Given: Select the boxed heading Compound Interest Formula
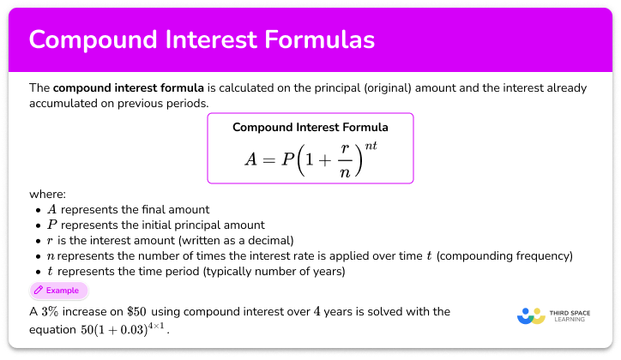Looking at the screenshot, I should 310,128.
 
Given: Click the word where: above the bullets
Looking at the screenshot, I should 47,195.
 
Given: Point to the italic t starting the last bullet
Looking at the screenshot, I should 51,272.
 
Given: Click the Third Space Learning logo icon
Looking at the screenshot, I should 533,315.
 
